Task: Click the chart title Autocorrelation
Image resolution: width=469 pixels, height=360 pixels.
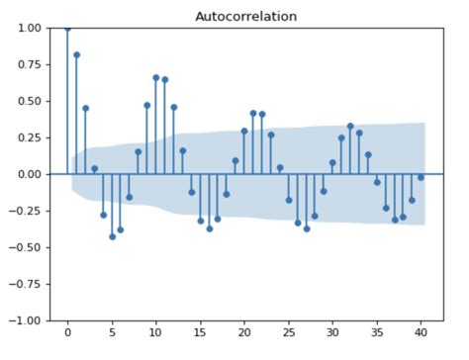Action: click(x=245, y=17)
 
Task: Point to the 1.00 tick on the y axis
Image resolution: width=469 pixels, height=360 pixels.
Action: click(x=31, y=28)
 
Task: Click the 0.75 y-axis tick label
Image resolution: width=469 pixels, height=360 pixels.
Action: click(x=31, y=64)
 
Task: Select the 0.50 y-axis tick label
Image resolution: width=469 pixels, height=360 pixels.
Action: click(x=31, y=101)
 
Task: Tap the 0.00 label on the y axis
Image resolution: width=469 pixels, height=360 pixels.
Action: click(x=31, y=174)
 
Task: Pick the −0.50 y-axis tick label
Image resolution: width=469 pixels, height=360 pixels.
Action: click(x=28, y=247)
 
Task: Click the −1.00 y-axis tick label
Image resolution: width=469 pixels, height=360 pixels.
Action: click(x=28, y=320)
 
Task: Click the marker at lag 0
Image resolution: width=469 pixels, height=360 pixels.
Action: click(x=67, y=28)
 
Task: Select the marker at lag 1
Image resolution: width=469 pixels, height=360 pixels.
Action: click(x=76, y=54)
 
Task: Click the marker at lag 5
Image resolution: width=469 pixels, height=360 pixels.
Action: click(x=112, y=236)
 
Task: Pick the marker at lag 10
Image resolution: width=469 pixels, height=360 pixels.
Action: click(x=155, y=77)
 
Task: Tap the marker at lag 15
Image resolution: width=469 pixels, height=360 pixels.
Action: click(x=200, y=221)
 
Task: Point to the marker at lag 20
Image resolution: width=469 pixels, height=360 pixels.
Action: click(x=244, y=131)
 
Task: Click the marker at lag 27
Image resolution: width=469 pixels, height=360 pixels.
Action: click(x=306, y=228)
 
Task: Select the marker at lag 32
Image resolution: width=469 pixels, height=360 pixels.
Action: click(x=350, y=126)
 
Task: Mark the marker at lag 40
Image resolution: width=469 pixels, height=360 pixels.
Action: click(x=421, y=178)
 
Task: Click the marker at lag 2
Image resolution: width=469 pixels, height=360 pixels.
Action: click(x=85, y=108)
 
